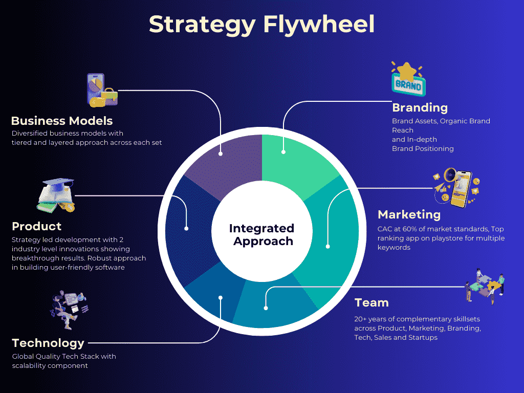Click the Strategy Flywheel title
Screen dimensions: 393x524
(261, 25)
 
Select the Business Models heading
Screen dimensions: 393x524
(62, 121)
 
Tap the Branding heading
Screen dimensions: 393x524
(420, 107)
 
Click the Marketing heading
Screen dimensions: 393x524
(409, 214)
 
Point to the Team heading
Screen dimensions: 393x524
(372, 302)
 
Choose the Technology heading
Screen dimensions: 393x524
(48, 343)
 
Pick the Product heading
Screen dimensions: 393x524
(36, 226)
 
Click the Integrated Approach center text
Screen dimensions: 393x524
(261, 234)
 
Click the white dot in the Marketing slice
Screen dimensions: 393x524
(327, 247)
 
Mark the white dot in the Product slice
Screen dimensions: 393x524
(186, 228)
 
